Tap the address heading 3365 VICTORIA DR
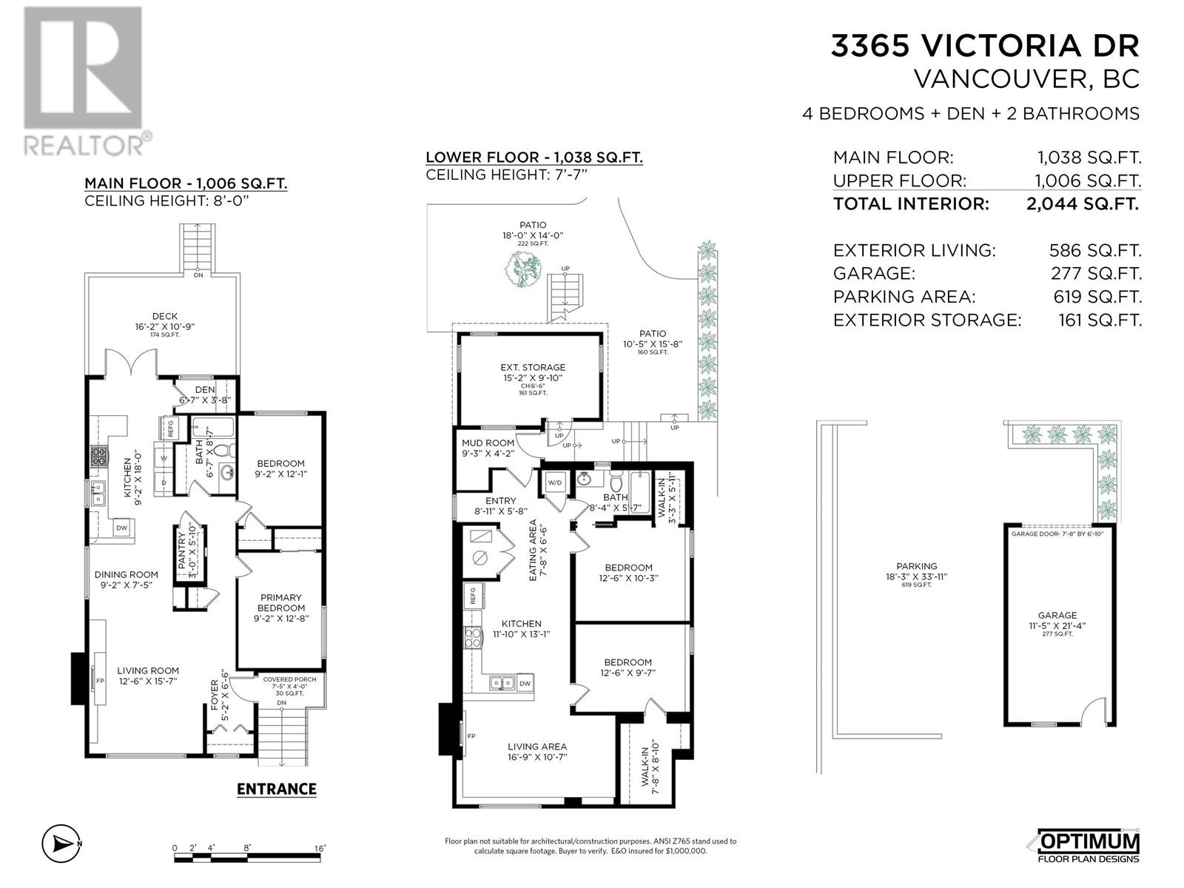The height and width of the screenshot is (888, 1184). [x=985, y=47]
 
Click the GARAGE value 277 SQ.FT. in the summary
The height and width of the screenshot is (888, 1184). [x=1096, y=274]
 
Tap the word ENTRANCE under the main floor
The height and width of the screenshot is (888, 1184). [x=276, y=789]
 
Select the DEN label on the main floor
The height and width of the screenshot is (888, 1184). [x=205, y=390]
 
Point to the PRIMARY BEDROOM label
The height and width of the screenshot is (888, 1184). [x=280, y=602]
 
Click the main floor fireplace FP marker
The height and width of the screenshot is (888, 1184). [x=100, y=680]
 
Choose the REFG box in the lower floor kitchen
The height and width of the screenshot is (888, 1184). [x=471, y=593]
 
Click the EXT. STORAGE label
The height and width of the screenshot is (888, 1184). [x=532, y=367]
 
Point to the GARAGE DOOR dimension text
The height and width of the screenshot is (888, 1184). [x=1057, y=534]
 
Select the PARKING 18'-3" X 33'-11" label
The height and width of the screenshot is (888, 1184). [x=916, y=571]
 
